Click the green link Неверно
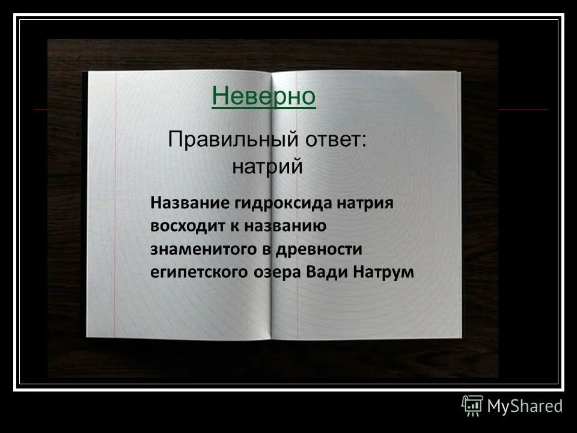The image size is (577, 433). coord(264,96)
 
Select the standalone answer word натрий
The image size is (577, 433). coord(267,165)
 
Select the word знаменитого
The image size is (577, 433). coord(204,248)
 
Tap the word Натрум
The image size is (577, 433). coord(385,271)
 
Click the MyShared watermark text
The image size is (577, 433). coord(525,406)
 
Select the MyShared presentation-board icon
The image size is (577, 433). coord(472,406)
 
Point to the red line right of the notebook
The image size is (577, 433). coord(523,110)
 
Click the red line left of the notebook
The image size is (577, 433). coord(41,111)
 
